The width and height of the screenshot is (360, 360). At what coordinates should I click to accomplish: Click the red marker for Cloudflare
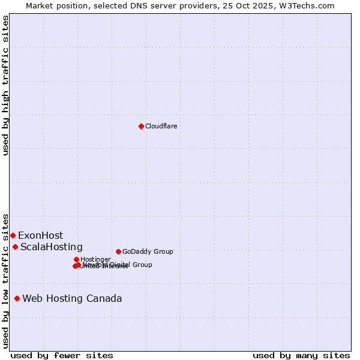coord(141,126)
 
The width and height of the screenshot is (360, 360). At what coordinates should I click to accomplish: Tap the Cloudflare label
coord(161,126)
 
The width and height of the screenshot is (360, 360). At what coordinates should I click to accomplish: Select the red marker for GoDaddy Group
coord(118,251)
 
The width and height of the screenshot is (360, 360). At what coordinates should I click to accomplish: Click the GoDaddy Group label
coord(148,251)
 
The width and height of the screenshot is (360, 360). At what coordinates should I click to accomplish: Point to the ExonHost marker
coord(13,235)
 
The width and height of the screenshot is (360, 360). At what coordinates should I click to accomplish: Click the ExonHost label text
coord(40,235)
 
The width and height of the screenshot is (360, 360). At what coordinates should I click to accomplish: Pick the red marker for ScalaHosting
coord(15,247)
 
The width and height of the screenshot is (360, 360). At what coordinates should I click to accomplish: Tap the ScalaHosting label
coord(51,247)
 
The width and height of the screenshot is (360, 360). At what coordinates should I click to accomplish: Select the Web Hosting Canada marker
coord(17,298)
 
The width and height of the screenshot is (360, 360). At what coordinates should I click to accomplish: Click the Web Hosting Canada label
coord(72,298)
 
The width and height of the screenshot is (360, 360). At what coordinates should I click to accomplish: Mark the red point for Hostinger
coord(76,259)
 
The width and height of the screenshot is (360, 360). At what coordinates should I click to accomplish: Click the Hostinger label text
coord(95,259)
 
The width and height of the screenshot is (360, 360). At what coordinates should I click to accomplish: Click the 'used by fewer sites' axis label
coord(62,355)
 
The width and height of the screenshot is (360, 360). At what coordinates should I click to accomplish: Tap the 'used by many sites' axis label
coord(301,355)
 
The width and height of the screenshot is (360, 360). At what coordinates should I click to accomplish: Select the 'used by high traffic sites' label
coord(6,85)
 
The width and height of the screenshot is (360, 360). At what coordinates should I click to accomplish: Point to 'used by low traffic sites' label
coord(6,280)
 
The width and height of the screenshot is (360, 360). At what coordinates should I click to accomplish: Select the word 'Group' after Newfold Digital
coord(142,265)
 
